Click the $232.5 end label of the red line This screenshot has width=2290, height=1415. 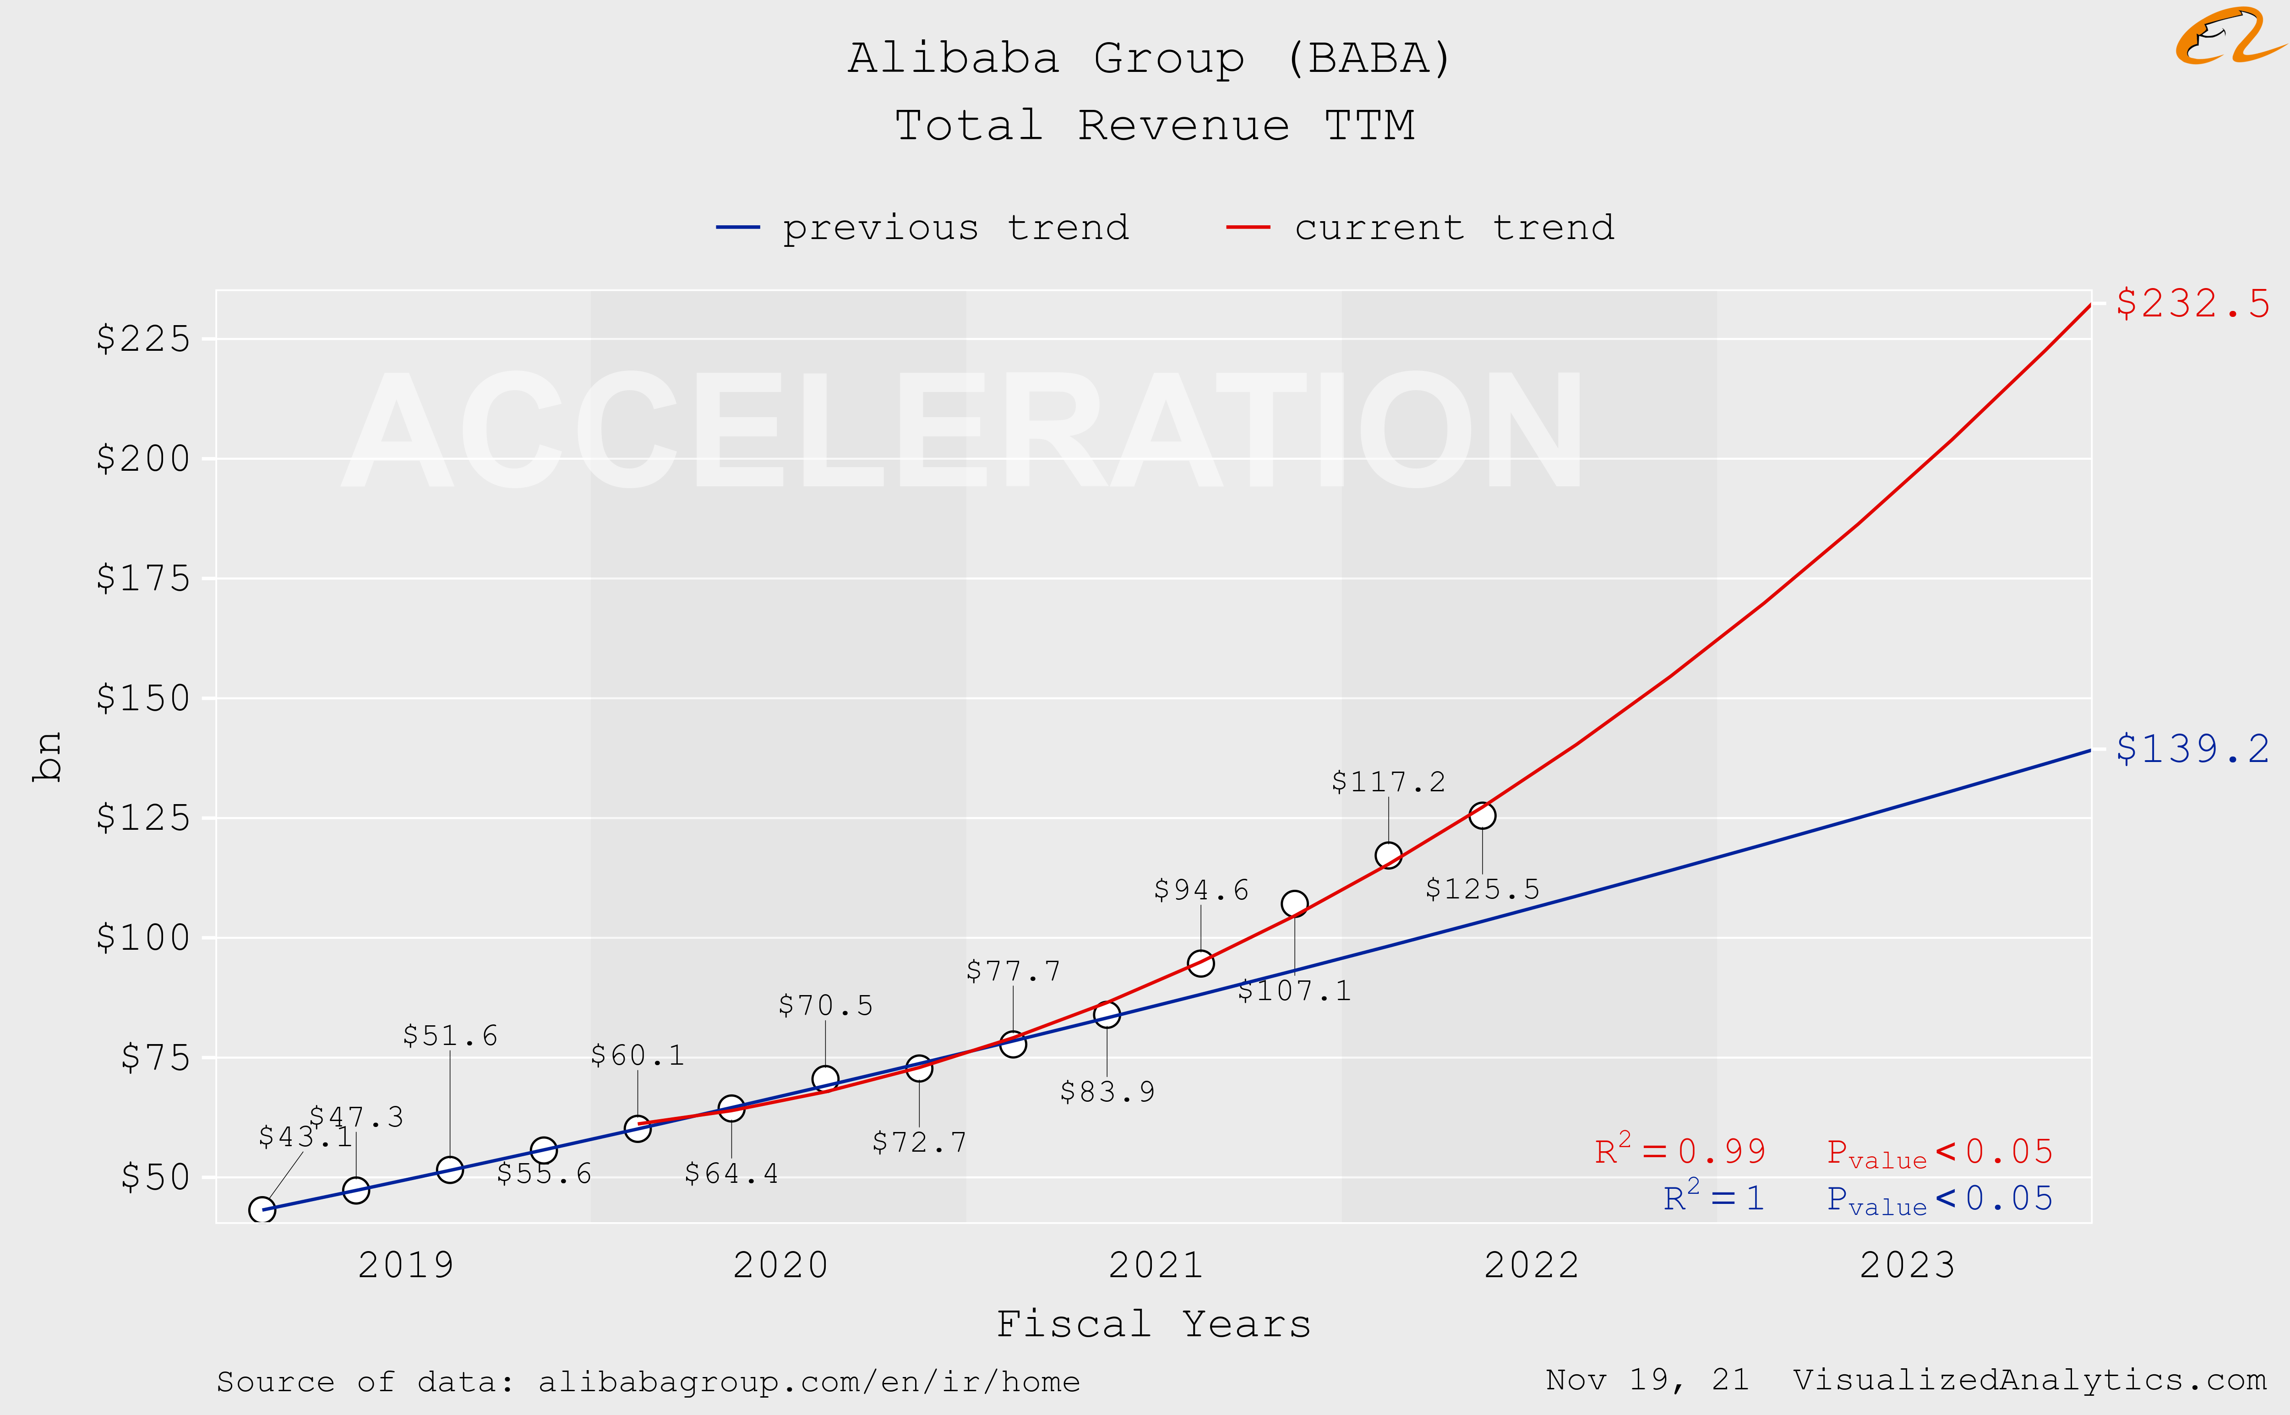(x=2192, y=303)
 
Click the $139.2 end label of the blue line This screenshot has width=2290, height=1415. (x=2192, y=749)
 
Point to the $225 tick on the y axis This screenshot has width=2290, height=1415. (x=143, y=339)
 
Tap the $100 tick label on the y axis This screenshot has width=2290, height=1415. (x=143, y=938)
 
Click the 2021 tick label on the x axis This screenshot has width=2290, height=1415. (x=1156, y=1265)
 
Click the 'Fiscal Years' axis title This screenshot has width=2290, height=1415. (x=1153, y=1324)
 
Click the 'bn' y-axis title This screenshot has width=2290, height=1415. (x=47, y=756)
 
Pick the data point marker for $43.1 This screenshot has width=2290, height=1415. (x=262, y=1210)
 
